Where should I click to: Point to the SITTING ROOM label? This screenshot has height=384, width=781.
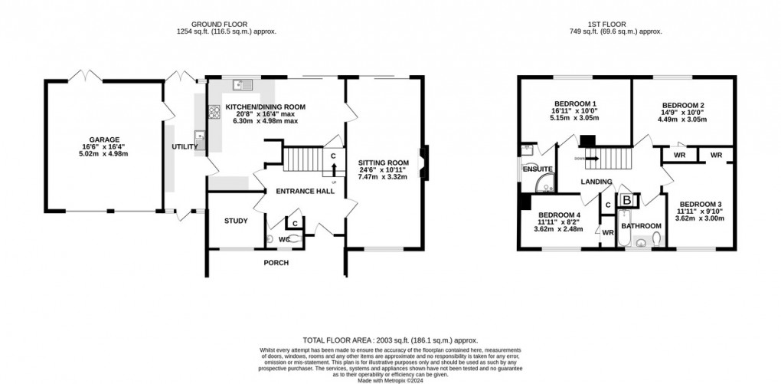pyautogui.click(x=384, y=162)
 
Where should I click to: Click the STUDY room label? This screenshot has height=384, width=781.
pyautogui.click(x=236, y=221)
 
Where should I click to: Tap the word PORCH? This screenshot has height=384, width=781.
pyautogui.click(x=276, y=263)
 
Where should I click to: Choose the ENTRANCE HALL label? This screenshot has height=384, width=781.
pyautogui.click(x=306, y=190)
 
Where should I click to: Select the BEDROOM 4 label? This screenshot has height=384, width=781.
pyautogui.click(x=559, y=215)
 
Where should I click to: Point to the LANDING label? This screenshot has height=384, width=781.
pyautogui.click(x=596, y=182)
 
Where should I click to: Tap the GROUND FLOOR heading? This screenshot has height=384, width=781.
pyautogui.click(x=225, y=22)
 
